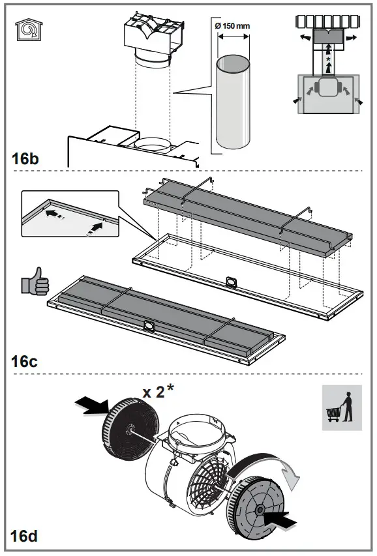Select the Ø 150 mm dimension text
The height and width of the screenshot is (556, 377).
tap(232, 25)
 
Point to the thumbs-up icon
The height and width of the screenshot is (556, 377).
tap(35, 282)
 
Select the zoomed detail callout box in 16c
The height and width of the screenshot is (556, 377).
tap(70, 213)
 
